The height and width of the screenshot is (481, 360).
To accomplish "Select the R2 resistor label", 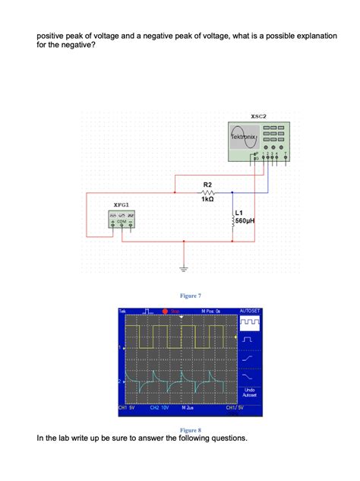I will click(x=207, y=185).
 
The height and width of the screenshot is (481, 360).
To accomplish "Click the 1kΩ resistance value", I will click(x=207, y=200).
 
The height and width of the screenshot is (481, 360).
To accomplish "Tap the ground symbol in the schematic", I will click(x=183, y=268).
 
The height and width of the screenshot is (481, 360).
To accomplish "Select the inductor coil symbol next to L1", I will click(x=231, y=218).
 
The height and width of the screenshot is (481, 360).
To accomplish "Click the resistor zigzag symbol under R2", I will click(x=207, y=192).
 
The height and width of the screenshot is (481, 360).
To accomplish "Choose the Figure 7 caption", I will click(x=190, y=295).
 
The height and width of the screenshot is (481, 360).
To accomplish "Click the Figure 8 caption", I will click(x=190, y=429).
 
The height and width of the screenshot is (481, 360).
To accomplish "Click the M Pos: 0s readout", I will click(x=210, y=312).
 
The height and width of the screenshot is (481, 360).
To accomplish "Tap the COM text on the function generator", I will click(x=122, y=221).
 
